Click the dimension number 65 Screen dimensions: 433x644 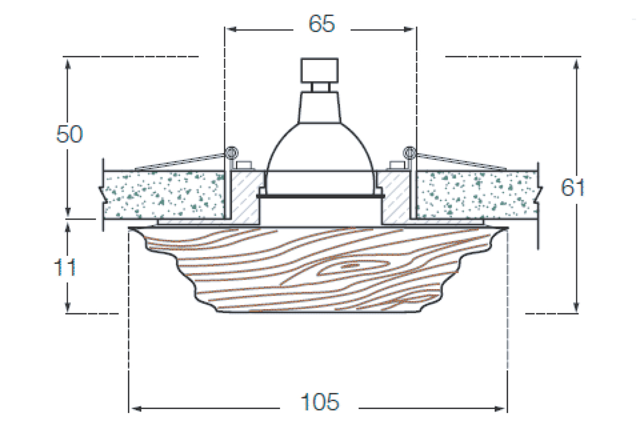click(x=321, y=24)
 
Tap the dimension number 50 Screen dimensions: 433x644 click(x=70, y=135)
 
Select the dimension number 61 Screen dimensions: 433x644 click(x=573, y=187)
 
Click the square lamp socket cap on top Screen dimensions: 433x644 click(x=320, y=69)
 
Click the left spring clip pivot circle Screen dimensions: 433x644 click(x=231, y=152)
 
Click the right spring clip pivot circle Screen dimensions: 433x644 click(x=409, y=152)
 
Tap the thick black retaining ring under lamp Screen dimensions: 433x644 click(x=320, y=197)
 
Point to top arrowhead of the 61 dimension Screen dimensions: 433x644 click(x=576, y=63)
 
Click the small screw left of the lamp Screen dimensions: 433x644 click(x=245, y=165)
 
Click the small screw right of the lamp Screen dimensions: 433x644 click(x=397, y=165)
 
